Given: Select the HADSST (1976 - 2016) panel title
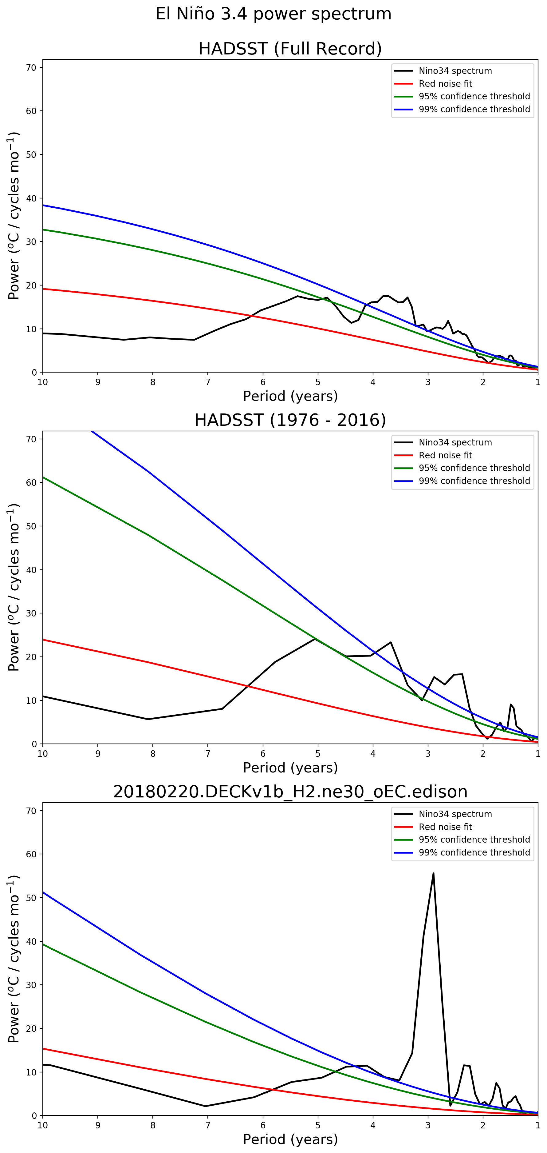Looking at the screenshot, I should click(290, 420).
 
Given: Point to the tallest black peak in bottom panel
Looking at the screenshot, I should click(433, 873).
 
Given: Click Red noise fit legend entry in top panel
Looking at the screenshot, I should click(445, 84).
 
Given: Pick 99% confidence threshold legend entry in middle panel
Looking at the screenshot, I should click(474, 481).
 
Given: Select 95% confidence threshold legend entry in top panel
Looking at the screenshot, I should click(474, 96).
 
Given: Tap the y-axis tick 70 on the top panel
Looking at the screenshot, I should click(32, 68).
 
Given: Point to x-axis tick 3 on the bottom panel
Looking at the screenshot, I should click(428, 1125).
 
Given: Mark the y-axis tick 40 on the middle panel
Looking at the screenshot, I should click(32, 570).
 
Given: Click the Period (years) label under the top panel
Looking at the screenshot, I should click(290, 396).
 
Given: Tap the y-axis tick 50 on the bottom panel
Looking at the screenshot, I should click(32, 897).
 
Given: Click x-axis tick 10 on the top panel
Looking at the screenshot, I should click(42, 382).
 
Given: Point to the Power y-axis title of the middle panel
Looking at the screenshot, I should click(14, 587).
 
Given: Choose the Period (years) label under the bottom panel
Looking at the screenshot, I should click(290, 1139).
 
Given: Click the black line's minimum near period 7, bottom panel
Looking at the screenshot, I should click(205, 1106).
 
